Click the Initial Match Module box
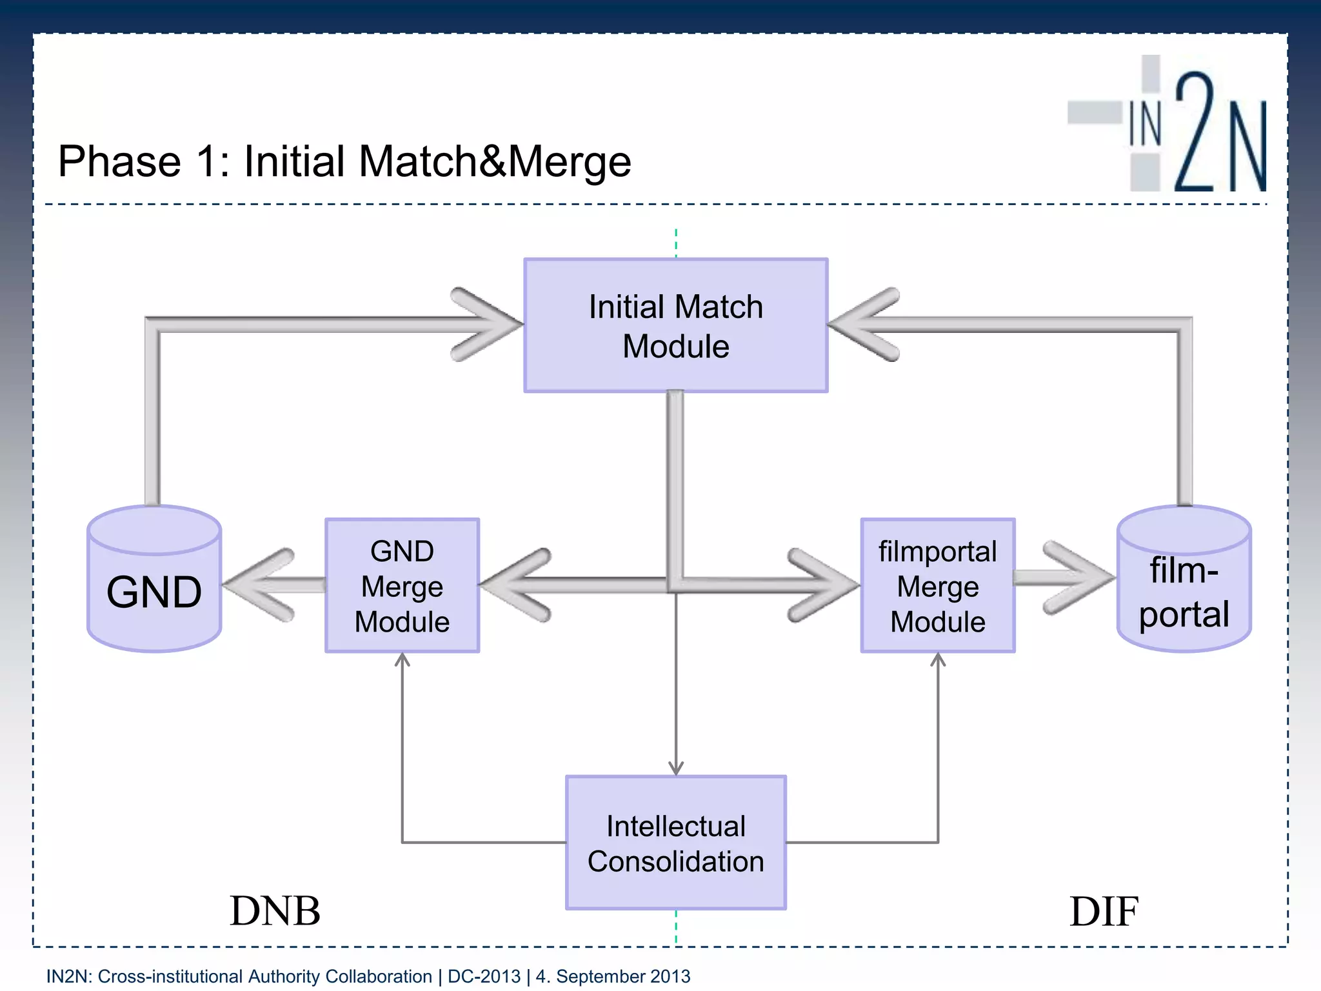point(675,325)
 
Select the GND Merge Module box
point(402,586)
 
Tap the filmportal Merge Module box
point(937,586)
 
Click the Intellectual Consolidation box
point(675,843)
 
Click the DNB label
point(275,911)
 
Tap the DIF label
point(1104,911)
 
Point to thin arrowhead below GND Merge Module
point(402,660)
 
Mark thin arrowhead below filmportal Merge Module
point(938,660)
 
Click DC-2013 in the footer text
point(484,976)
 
